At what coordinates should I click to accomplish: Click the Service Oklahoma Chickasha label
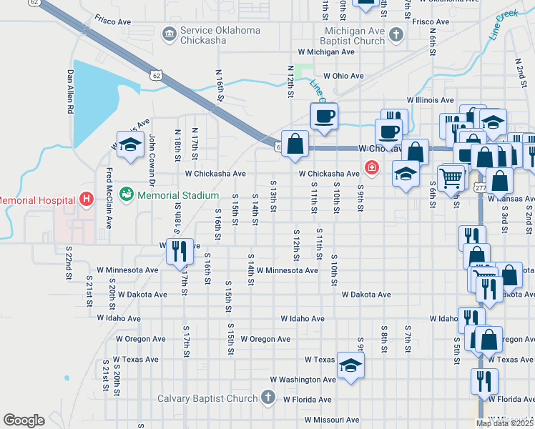(221, 36)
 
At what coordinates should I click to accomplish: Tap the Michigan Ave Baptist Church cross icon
(396, 34)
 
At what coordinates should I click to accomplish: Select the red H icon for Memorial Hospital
(87, 199)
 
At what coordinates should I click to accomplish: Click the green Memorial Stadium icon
(127, 194)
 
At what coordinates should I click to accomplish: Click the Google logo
(24, 420)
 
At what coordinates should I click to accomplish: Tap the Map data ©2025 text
(505, 423)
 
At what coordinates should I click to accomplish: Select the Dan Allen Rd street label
(71, 92)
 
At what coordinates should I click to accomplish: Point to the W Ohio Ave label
(343, 76)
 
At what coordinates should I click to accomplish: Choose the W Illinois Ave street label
(430, 101)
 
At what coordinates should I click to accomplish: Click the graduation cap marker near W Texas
(351, 365)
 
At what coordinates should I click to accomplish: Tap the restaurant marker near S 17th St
(179, 251)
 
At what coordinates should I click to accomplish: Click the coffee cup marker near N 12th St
(323, 116)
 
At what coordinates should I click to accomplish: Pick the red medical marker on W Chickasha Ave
(371, 168)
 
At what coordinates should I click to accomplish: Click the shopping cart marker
(451, 177)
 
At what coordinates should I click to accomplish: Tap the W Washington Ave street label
(303, 380)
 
